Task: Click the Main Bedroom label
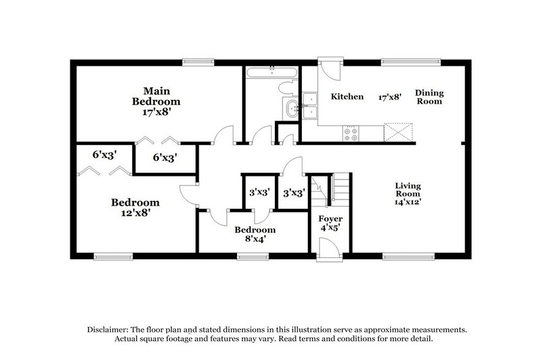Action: pyautogui.click(x=157, y=96)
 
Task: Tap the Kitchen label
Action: pyautogui.click(x=347, y=97)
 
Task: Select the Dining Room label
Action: pyautogui.click(x=429, y=97)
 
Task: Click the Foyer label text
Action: pyautogui.click(x=331, y=219)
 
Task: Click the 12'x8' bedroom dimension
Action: pyautogui.click(x=135, y=213)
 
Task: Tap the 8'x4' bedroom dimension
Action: pyautogui.click(x=255, y=239)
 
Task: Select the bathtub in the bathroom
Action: pyautogui.click(x=271, y=73)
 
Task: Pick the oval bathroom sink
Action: pyautogui.click(x=290, y=110)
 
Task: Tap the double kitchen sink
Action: pyautogui.click(x=310, y=105)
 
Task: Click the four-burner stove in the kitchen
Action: pyautogui.click(x=351, y=133)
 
